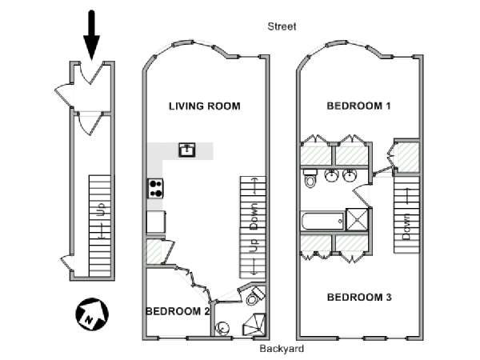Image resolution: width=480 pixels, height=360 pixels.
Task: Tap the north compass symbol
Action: pyautogui.click(x=92, y=314)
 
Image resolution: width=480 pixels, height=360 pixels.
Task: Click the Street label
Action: pyautogui.click(x=282, y=26)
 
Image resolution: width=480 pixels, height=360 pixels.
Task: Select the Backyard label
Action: pyautogui.click(x=282, y=348)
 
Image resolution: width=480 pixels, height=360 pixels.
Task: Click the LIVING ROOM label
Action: pyautogui.click(x=205, y=106)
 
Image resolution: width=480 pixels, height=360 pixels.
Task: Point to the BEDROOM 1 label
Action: pyautogui.click(x=358, y=106)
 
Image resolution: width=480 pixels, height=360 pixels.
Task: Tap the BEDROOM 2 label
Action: pyautogui.click(x=178, y=311)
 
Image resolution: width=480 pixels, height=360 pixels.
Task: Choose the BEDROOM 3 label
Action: pyautogui.click(x=359, y=298)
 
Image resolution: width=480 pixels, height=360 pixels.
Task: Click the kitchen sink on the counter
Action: pyautogui.click(x=187, y=150)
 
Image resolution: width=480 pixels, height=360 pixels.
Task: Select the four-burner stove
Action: pyautogui.click(x=156, y=188)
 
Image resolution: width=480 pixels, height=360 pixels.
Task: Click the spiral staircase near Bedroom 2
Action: pyautogui.click(x=255, y=325)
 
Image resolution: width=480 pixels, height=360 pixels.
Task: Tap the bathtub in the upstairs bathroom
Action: pyautogui.click(x=323, y=221)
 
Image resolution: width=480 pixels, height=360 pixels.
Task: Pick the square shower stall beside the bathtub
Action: pyautogui.click(x=357, y=219)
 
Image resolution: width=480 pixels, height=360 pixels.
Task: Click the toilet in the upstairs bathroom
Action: pyautogui.click(x=310, y=178)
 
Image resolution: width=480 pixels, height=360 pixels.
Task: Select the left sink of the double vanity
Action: pyautogui.click(x=331, y=175)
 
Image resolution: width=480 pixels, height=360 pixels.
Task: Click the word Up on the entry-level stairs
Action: pyautogui.click(x=102, y=210)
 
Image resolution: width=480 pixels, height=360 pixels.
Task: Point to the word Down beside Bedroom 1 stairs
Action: pyautogui.click(x=406, y=227)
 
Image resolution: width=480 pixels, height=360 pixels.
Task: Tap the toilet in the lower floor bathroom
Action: pyautogui.click(x=254, y=296)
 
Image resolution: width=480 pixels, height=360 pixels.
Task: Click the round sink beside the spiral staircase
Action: pyautogui.click(x=222, y=328)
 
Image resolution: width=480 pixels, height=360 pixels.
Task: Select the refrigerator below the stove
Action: pyautogui.click(x=156, y=222)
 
